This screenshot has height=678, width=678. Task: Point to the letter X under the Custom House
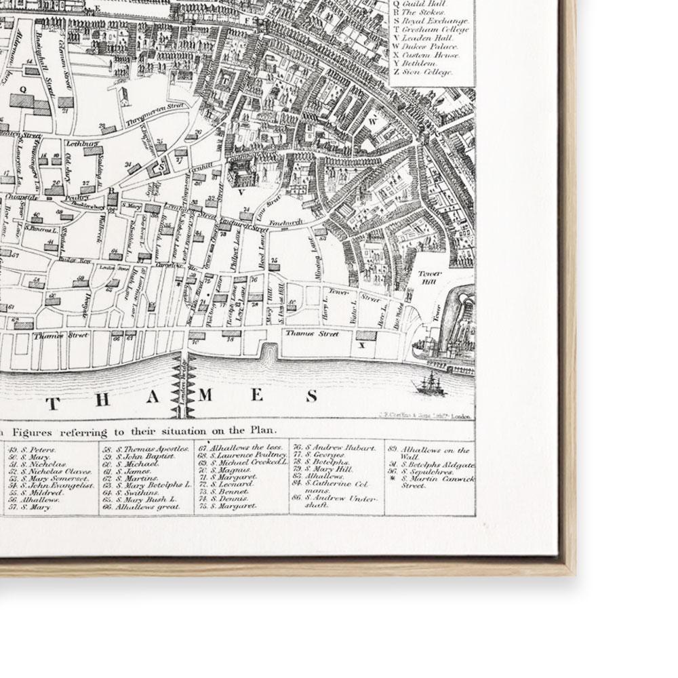point(361,345)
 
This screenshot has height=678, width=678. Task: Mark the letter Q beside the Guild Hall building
point(24,89)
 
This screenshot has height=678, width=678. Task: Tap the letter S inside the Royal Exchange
point(162,164)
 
